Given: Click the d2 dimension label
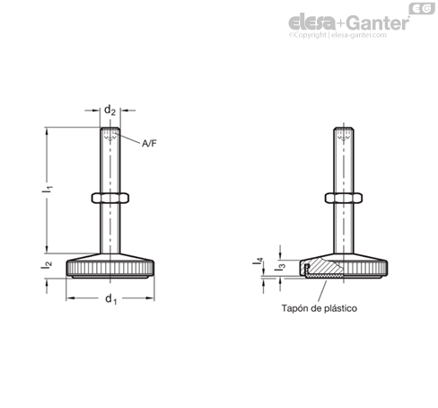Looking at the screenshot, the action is point(109,111).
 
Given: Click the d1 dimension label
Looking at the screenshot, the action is point(110,299).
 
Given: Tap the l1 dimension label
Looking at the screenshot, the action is point(48,190).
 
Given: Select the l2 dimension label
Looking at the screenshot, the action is point(47,264).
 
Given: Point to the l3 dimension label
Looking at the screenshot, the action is point(280,268).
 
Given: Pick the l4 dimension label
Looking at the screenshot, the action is point(258,262).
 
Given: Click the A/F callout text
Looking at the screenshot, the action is point(149,144).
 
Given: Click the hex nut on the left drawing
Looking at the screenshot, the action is point(110,198).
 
